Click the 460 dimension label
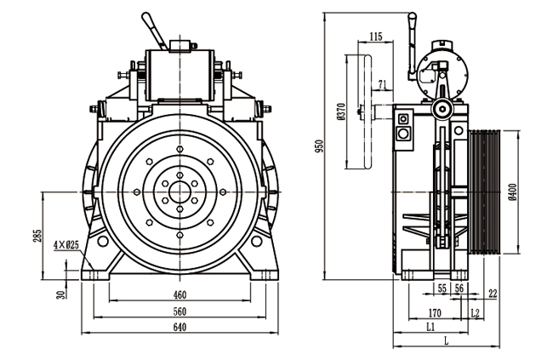point(180,294)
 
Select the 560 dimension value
point(180,311)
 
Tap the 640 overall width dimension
point(180,326)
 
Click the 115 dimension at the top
point(376,36)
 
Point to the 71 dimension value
point(382,83)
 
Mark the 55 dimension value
point(442,290)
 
